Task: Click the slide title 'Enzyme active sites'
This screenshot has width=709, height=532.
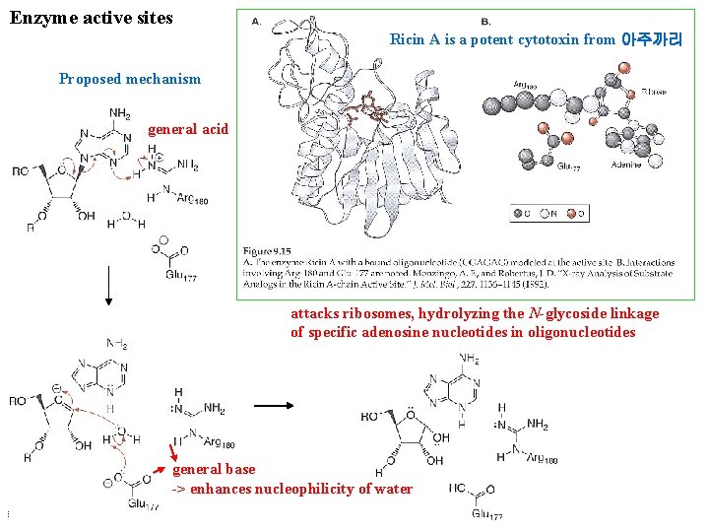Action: coord(91,17)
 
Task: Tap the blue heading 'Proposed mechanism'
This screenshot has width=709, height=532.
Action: coord(129,79)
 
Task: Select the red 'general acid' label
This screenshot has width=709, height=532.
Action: coord(187,129)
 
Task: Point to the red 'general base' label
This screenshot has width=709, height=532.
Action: coord(214,469)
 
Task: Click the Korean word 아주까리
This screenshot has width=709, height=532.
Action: coord(652,40)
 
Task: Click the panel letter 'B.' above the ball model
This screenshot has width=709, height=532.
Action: coord(485,22)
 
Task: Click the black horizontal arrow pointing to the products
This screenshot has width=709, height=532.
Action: coord(275,404)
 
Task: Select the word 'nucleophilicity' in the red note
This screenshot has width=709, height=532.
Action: coord(290,490)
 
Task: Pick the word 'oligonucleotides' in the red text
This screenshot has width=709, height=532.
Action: coord(583,332)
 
